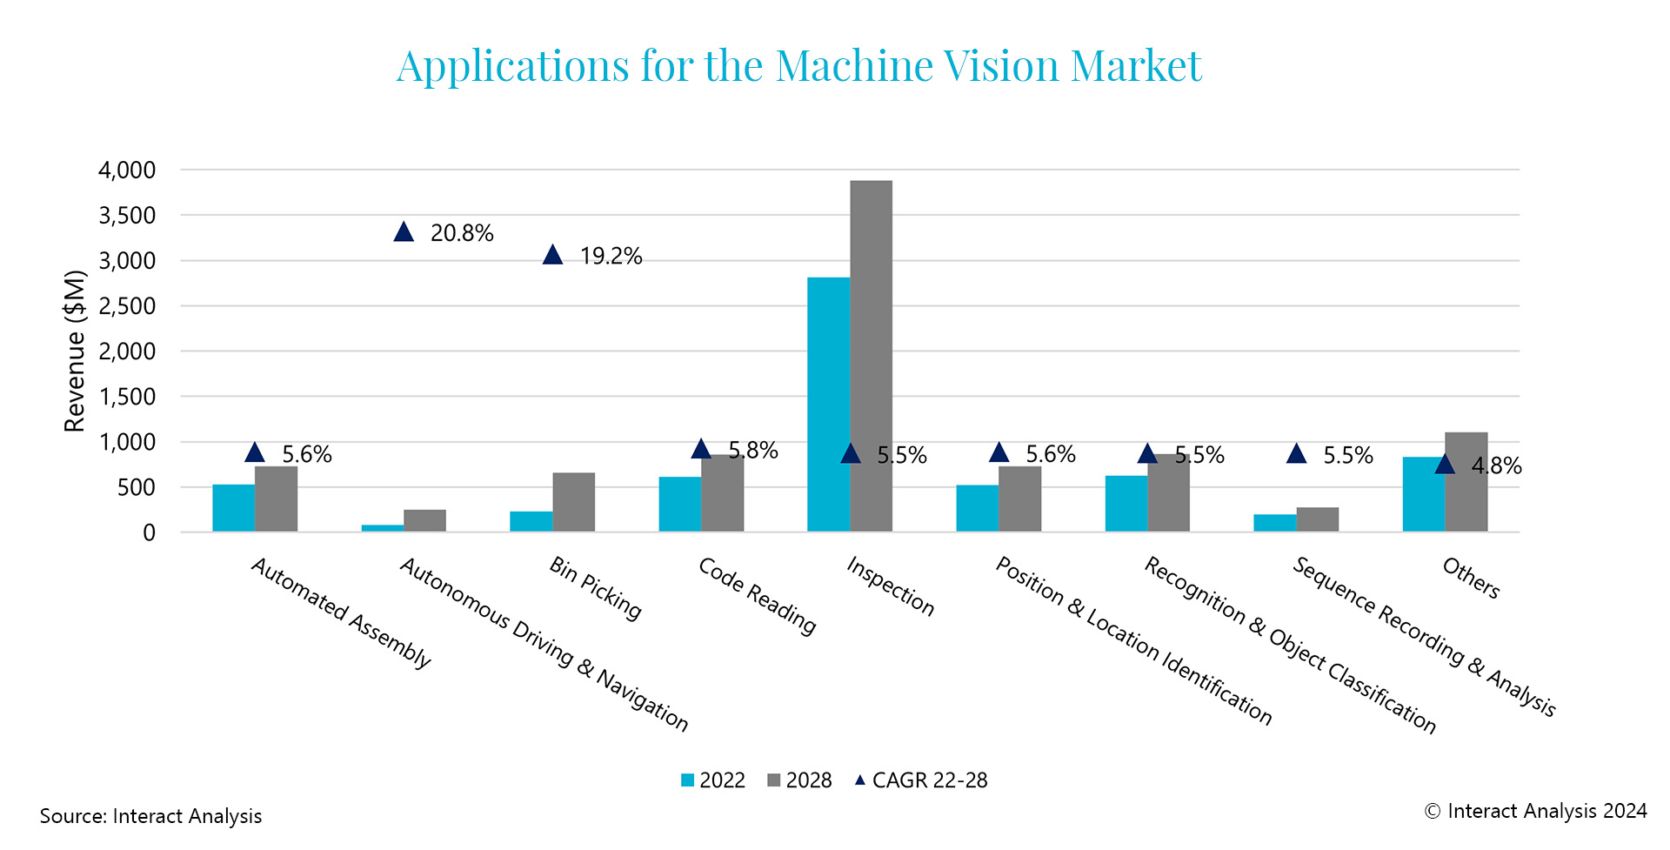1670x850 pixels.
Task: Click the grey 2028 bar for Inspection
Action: (x=872, y=357)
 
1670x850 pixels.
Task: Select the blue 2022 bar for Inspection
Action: (x=829, y=405)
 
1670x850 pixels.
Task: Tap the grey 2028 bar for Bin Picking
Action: (x=574, y=502)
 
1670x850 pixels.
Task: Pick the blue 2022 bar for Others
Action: (x=1424, y=494)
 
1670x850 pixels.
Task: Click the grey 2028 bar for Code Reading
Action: (x=723, y=493)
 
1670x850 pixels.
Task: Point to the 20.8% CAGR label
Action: (x=462, y=233)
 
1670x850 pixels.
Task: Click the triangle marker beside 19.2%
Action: (x=553, y=255)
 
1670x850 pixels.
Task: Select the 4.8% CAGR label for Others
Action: (x=1496, y=466)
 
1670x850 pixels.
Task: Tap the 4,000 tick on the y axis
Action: (x=127, y=171)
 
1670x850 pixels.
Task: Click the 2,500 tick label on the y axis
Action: (x=127, y=306)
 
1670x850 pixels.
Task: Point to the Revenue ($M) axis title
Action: (x=76, y=351)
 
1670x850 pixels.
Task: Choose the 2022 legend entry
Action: (x=713, y=780)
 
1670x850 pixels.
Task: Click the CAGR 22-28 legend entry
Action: (x=921, y=780)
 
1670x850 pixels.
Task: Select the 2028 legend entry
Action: (x=799, y=780)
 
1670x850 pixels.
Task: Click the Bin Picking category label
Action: (x=596, y=589)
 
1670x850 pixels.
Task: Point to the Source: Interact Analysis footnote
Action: (x=150, y=816)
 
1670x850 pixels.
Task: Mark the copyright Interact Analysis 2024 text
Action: (x=1535, y=811)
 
